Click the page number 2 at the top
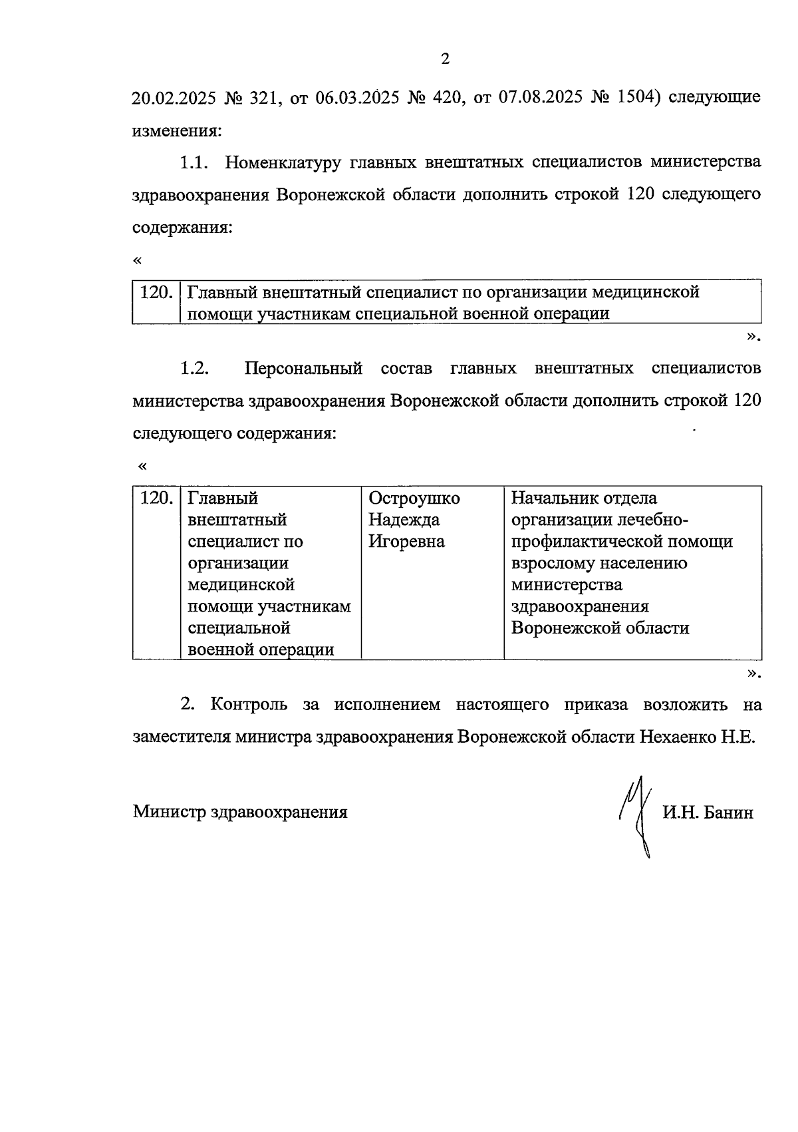click(446, 59)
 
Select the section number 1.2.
click(194, 369)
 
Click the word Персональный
click(303, 369)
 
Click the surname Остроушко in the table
click(414, 498)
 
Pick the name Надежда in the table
click(404, 520)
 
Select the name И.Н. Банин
click(708, 813)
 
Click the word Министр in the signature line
click(170, 813)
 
